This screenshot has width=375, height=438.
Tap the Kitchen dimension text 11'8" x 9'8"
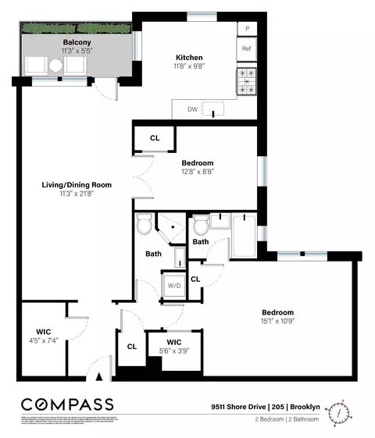click(x=189, y=67)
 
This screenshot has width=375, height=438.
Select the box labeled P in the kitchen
click(x=248, y=29)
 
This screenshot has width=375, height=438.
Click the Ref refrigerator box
click(x=247, y=49)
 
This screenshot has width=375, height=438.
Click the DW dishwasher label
click(x=191, y=110)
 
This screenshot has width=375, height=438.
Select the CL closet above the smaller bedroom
click(x=155, y=138)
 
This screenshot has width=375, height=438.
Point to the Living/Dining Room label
click(x=77, y=185)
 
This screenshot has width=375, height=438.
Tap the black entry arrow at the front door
click(x=99, y=377)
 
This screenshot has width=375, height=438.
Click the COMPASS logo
click(x=67, y=404)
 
